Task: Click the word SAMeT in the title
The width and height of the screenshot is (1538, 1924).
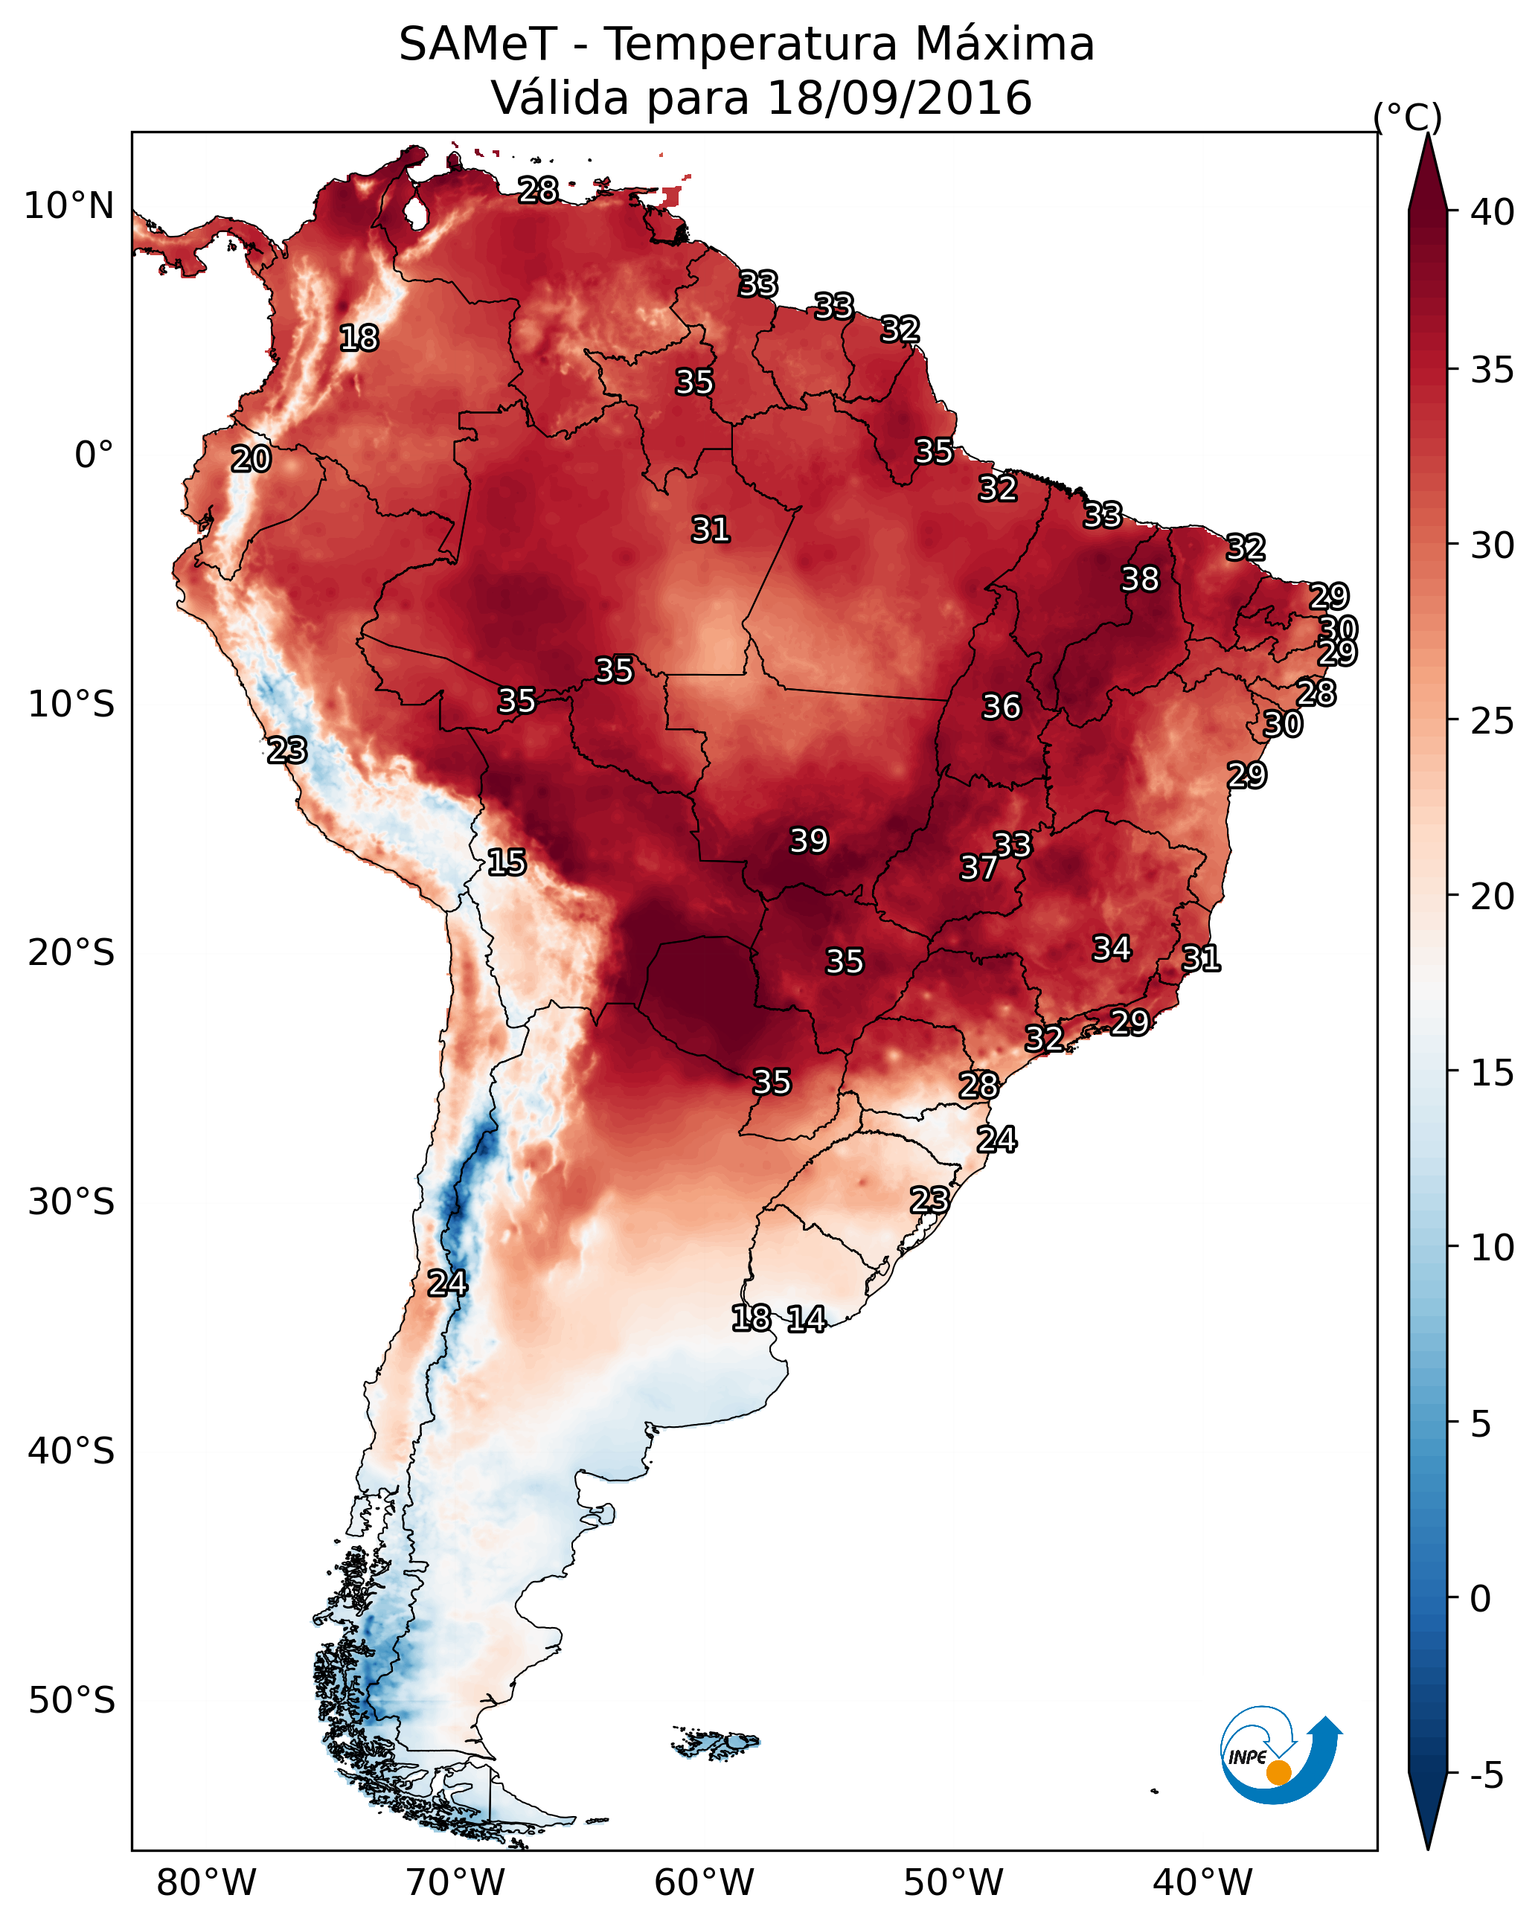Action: (478, 45)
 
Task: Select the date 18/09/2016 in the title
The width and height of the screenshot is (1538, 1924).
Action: (899, 98)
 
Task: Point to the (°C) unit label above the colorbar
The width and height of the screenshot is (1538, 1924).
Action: (1407, 117)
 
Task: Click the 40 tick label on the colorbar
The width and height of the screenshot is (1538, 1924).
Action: (1493, 212)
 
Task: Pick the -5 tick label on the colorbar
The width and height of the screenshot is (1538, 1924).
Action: (1486, 1776)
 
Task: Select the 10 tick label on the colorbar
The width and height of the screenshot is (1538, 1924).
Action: (1493, 1248)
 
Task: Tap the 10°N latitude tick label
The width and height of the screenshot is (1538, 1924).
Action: (68, 206)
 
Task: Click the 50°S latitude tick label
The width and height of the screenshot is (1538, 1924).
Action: (71, 1701)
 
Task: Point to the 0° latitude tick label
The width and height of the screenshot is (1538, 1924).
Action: (94, 455)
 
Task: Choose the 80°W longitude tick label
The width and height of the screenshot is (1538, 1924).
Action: (206, 1882)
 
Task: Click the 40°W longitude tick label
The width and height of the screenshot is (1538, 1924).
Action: (1202, 1882)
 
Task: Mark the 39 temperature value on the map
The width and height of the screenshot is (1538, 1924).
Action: (809, 841)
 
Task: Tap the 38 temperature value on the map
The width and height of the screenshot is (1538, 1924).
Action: (1140, 579)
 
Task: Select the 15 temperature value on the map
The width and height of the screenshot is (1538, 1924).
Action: (506, 862)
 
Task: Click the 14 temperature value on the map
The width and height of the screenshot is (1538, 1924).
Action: (806, 1319)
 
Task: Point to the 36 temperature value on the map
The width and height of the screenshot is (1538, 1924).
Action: (1001, 707)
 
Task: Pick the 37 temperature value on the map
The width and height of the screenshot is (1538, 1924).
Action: (978, 868)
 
